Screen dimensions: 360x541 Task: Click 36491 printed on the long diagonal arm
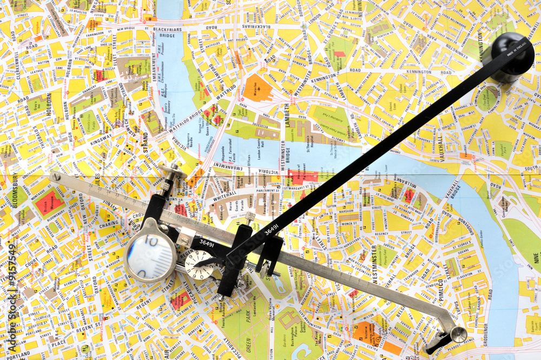(x=272, y=230)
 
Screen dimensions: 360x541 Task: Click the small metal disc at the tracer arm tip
(x=458, y=335)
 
